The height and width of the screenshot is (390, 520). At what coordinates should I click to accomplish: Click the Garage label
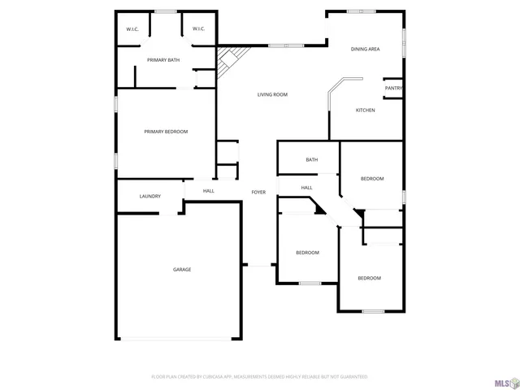point(182,269)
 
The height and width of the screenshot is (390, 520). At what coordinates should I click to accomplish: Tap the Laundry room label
point(150,196)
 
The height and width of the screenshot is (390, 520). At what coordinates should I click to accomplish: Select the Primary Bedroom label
point(166,132)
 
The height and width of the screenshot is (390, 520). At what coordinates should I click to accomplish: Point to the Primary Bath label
point(163,60)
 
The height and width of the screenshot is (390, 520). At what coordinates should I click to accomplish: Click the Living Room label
point(273,95)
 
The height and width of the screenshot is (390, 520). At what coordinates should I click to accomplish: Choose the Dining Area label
point(365,50)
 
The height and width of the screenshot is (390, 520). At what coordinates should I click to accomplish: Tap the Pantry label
point(394,89)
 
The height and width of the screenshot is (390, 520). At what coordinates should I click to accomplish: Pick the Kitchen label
point(365,110)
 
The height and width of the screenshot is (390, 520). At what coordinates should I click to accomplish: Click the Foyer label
point(258,192)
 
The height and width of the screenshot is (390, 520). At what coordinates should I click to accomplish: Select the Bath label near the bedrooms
point(312,159)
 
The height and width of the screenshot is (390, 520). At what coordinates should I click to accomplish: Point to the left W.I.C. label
point(132,29)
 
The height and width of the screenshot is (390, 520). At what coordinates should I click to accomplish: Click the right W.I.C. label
point(198,29)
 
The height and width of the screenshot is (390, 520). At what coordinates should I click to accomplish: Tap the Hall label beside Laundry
point(209,191)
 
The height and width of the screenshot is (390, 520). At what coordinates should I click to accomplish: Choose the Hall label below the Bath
point(307,188)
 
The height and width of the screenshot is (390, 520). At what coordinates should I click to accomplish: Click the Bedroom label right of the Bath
point(372,179)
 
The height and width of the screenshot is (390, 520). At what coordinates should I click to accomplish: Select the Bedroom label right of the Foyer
point(307,253)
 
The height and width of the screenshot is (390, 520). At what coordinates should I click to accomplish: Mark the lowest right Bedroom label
point(370,279)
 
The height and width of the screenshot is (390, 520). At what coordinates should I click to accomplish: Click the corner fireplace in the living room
point(227,58)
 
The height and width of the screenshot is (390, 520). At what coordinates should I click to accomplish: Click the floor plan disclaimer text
point(260,377)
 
